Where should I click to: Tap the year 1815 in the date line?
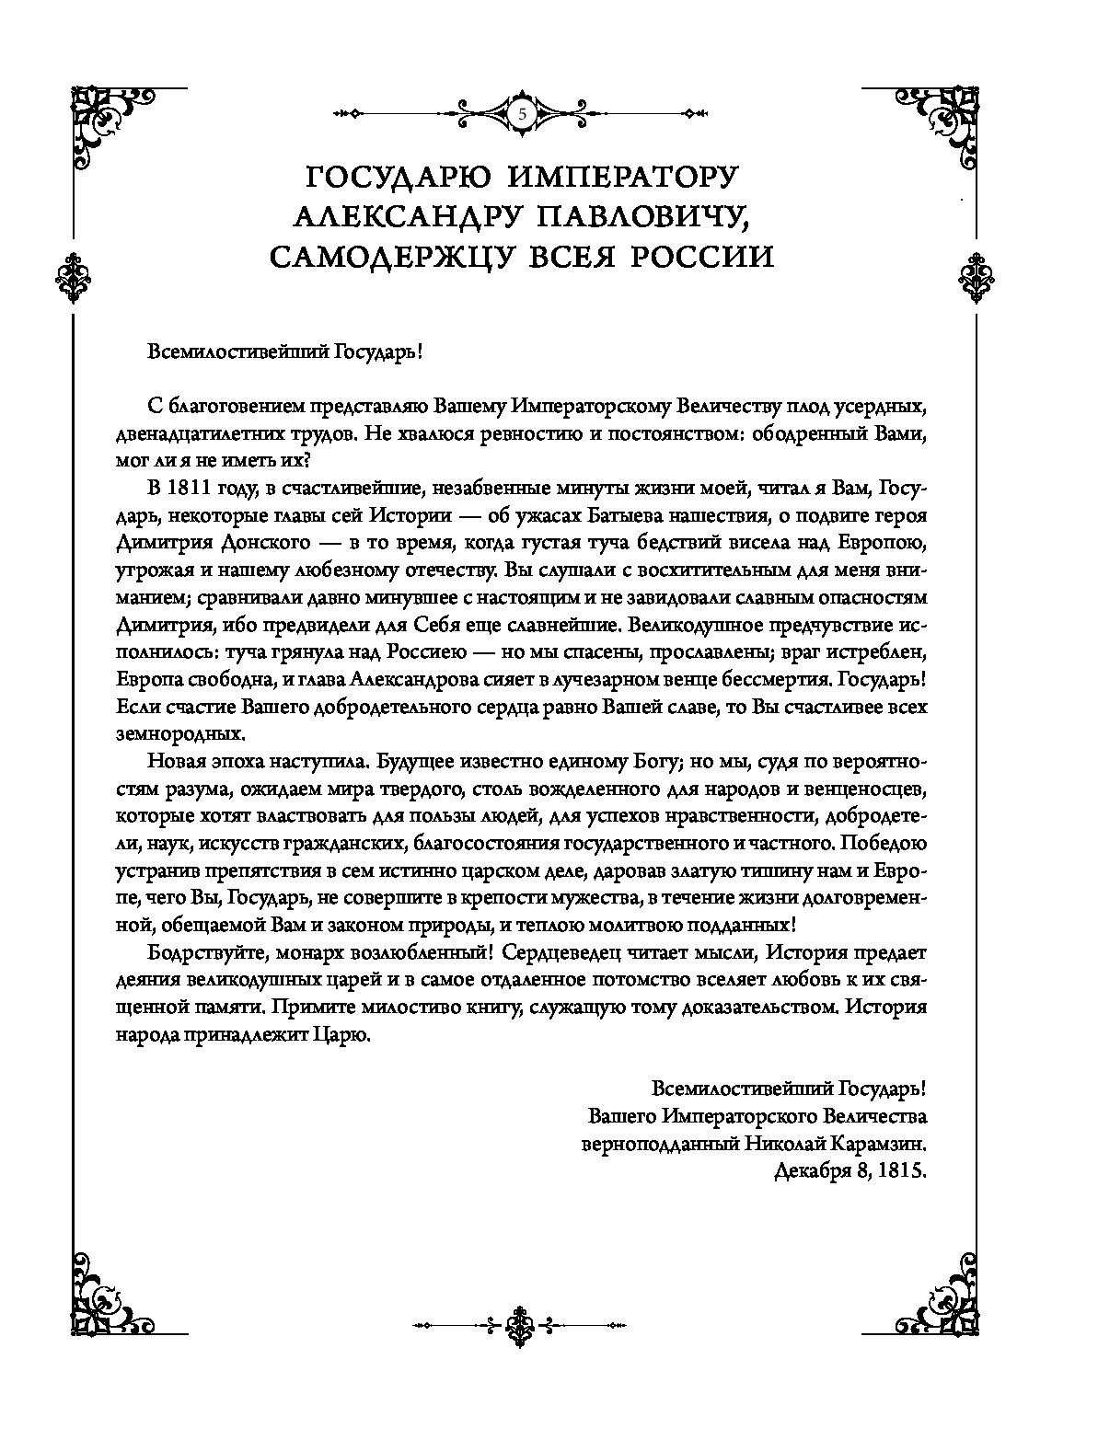901,1174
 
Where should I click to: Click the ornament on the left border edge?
72,275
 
